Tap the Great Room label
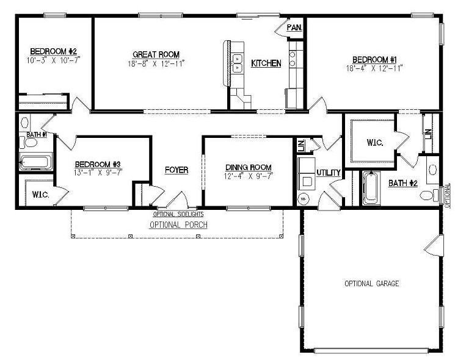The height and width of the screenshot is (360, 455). pos(156,54)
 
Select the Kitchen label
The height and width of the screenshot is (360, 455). pos(267,63)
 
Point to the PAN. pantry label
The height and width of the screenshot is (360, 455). pos(294,27)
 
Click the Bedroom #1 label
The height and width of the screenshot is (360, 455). pos(375,59)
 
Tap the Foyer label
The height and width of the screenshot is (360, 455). pos(177,170)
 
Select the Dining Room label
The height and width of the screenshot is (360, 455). pos(248,167)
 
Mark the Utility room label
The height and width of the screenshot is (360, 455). pos(328,173)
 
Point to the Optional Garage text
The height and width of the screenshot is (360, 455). pos(372,284)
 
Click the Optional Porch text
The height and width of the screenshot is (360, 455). pos(179,225)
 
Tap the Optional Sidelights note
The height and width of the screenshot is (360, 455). pos(178,214)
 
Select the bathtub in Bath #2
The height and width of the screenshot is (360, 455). pos(370,189)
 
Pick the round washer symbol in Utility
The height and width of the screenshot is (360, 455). pos(304,198)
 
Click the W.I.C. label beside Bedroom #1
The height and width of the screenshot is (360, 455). pos(374,143)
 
